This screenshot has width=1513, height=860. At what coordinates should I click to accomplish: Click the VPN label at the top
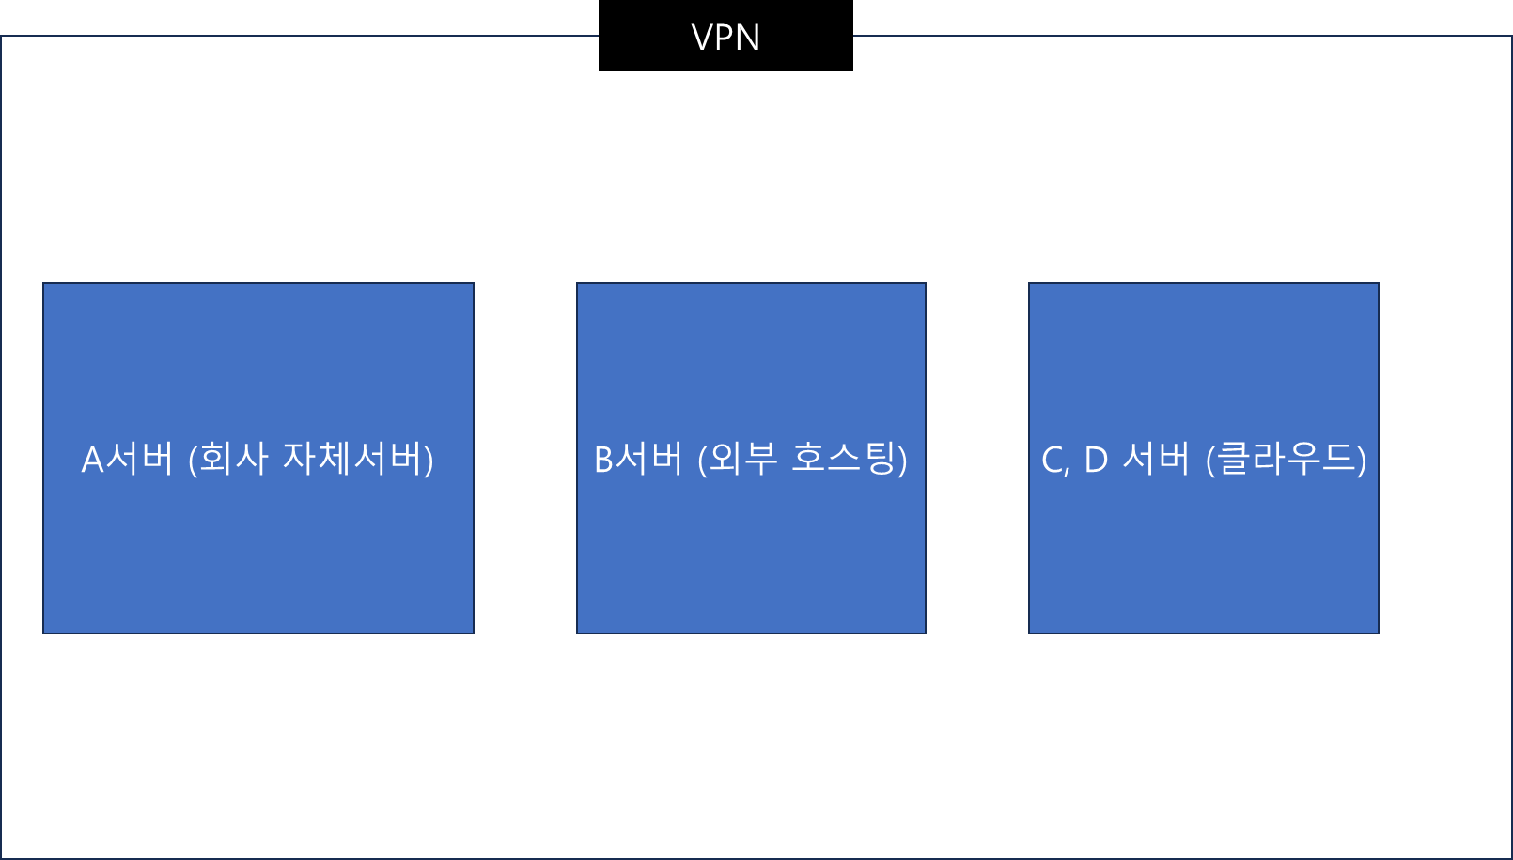tap(725, 38)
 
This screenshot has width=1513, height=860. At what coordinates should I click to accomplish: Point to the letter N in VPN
tap(748, 38)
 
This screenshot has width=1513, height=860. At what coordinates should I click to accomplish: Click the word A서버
tap(128, 460)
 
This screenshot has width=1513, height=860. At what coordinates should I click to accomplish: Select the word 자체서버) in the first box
tap(358, 460)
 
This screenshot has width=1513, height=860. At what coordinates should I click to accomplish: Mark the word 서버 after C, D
tap(1157, 460)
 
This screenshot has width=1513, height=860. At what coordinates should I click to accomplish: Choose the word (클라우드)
tap(1286, 460)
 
